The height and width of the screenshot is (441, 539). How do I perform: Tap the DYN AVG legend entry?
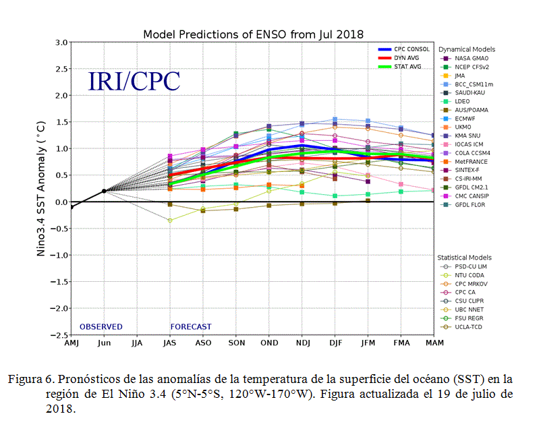coord(404,58)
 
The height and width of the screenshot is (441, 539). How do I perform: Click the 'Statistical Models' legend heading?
coord(464,258)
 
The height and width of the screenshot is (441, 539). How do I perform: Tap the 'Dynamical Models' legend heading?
coord(466,49)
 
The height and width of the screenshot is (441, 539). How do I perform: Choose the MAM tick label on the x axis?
coord(433,343)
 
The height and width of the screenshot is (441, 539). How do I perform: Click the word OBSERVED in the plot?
coord(101,327)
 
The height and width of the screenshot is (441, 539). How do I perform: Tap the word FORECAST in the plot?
coord(191,327)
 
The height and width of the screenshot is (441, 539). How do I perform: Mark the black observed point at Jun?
coord(104,191)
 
